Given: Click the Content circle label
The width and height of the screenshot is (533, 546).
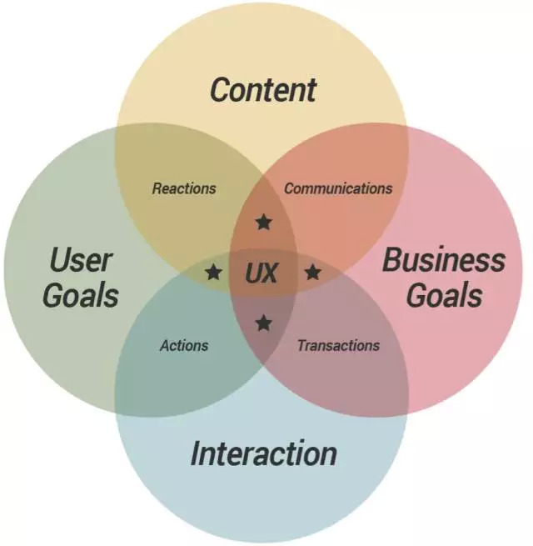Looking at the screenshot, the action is pos(263,90).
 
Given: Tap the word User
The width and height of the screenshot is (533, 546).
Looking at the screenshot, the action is pos(81,259).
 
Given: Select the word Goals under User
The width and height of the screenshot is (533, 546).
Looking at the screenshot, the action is pos(81,296).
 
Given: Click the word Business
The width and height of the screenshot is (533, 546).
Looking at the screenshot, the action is pos(444,259).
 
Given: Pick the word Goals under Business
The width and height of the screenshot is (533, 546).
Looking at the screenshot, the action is pos(444,296).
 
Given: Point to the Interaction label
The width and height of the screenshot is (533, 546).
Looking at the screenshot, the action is pos(264,453).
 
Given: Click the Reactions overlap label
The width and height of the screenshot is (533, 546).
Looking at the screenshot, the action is pos(184,188).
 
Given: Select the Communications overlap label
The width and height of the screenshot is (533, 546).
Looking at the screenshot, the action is pos(338,188).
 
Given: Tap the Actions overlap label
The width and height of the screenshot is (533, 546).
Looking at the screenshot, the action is pos(184,345).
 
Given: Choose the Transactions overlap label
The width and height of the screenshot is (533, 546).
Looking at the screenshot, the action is pos(338,345).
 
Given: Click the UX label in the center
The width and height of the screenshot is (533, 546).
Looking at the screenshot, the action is pos(262,273).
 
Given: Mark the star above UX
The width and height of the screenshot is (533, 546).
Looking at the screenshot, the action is pos(264,223).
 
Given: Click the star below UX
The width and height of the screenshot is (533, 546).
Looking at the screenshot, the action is pos(264,323).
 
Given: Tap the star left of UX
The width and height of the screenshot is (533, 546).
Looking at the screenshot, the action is pos(214,272).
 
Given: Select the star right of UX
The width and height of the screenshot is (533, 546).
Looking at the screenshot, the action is pos(313,272).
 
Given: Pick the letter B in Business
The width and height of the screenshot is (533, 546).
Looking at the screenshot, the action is pos(393,259).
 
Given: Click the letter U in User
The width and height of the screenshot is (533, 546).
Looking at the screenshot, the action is pos(60,259).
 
